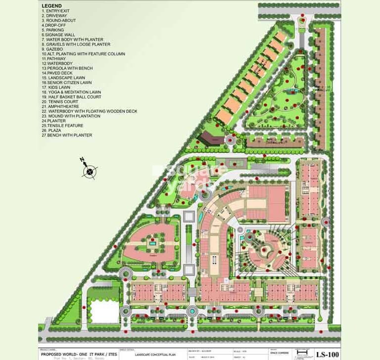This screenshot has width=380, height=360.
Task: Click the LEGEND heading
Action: click(52, 5)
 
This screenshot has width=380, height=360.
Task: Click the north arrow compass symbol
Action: click(89, 172)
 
